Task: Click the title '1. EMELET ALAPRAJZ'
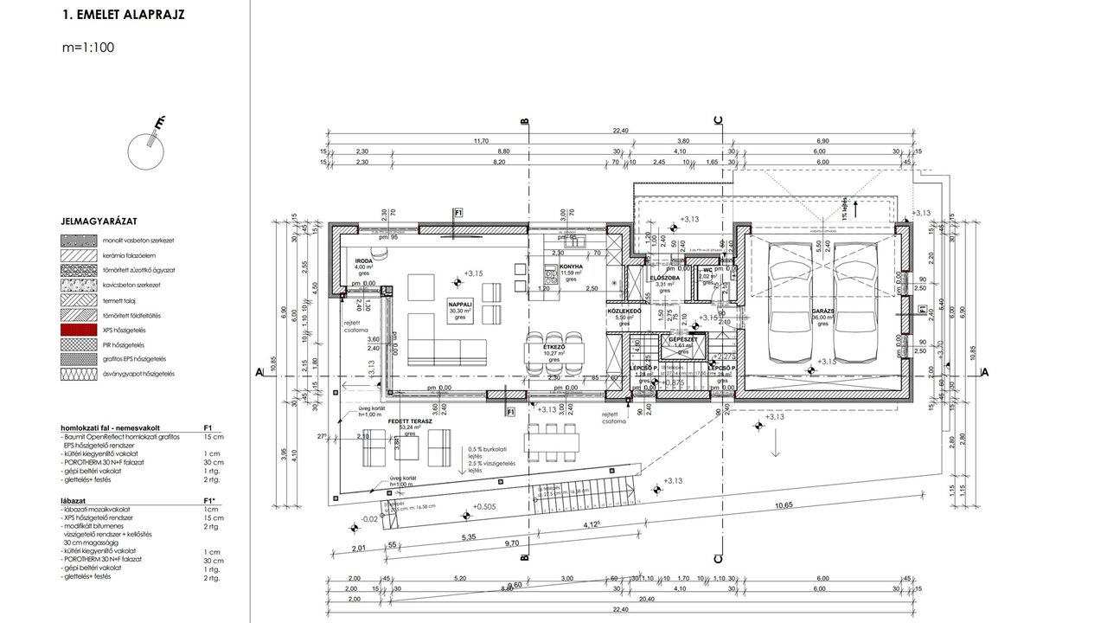[123, 16]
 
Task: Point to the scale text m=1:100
[88, 48]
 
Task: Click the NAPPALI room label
[460, 305]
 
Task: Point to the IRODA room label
[364, 260]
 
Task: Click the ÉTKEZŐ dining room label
[553, 346]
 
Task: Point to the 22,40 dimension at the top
[620, 130]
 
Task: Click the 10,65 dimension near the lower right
[784, 504]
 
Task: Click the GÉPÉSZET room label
[683, 339]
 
